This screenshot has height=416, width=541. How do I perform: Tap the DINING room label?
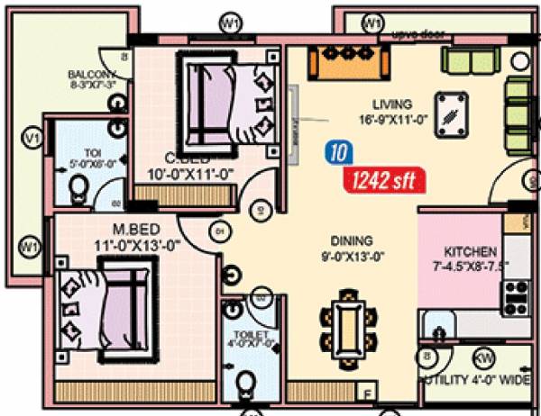(351, 240)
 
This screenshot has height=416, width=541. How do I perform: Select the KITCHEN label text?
(471, 251)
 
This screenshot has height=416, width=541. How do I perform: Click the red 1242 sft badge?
(381, 180)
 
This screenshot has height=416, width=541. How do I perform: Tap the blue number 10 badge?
(337, 153)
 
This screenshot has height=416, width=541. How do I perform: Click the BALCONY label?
(91, 74)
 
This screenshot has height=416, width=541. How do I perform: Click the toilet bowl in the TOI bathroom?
(78, 188)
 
